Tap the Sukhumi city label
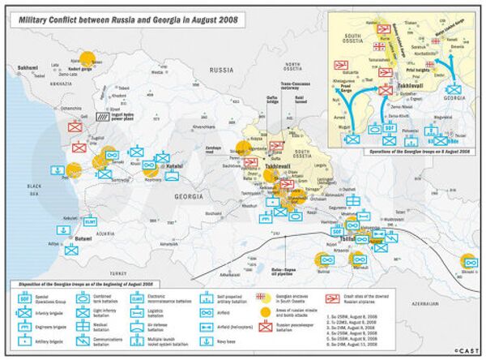28,67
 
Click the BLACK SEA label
32,188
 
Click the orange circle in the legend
262,312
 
